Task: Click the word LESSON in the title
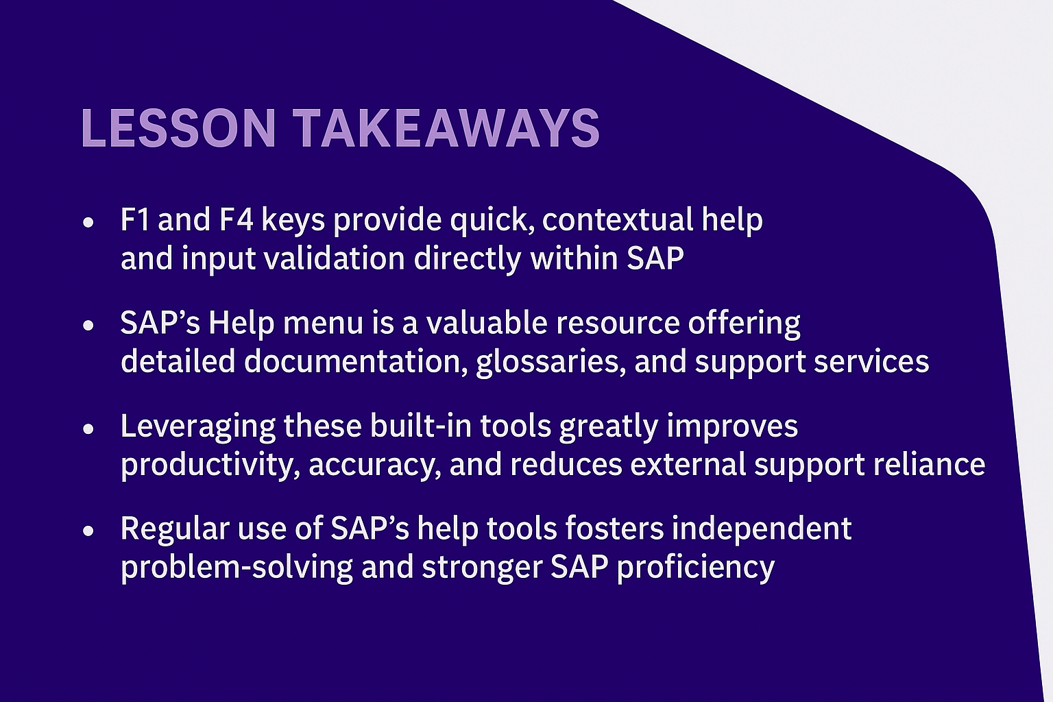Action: tap(178, 128)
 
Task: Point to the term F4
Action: tap(237, 219)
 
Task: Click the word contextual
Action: tap(618, 219)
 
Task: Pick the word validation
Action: tap(335, 258)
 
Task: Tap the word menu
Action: tap(323, 323)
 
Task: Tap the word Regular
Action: tap(175, 529)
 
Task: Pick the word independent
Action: tap(762, 529)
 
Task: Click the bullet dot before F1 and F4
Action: tap(88, 222)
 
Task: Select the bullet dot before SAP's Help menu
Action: tap(88, 326)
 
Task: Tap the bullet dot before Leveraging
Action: tap(88, 428)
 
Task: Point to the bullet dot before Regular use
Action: tap(88, 531)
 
